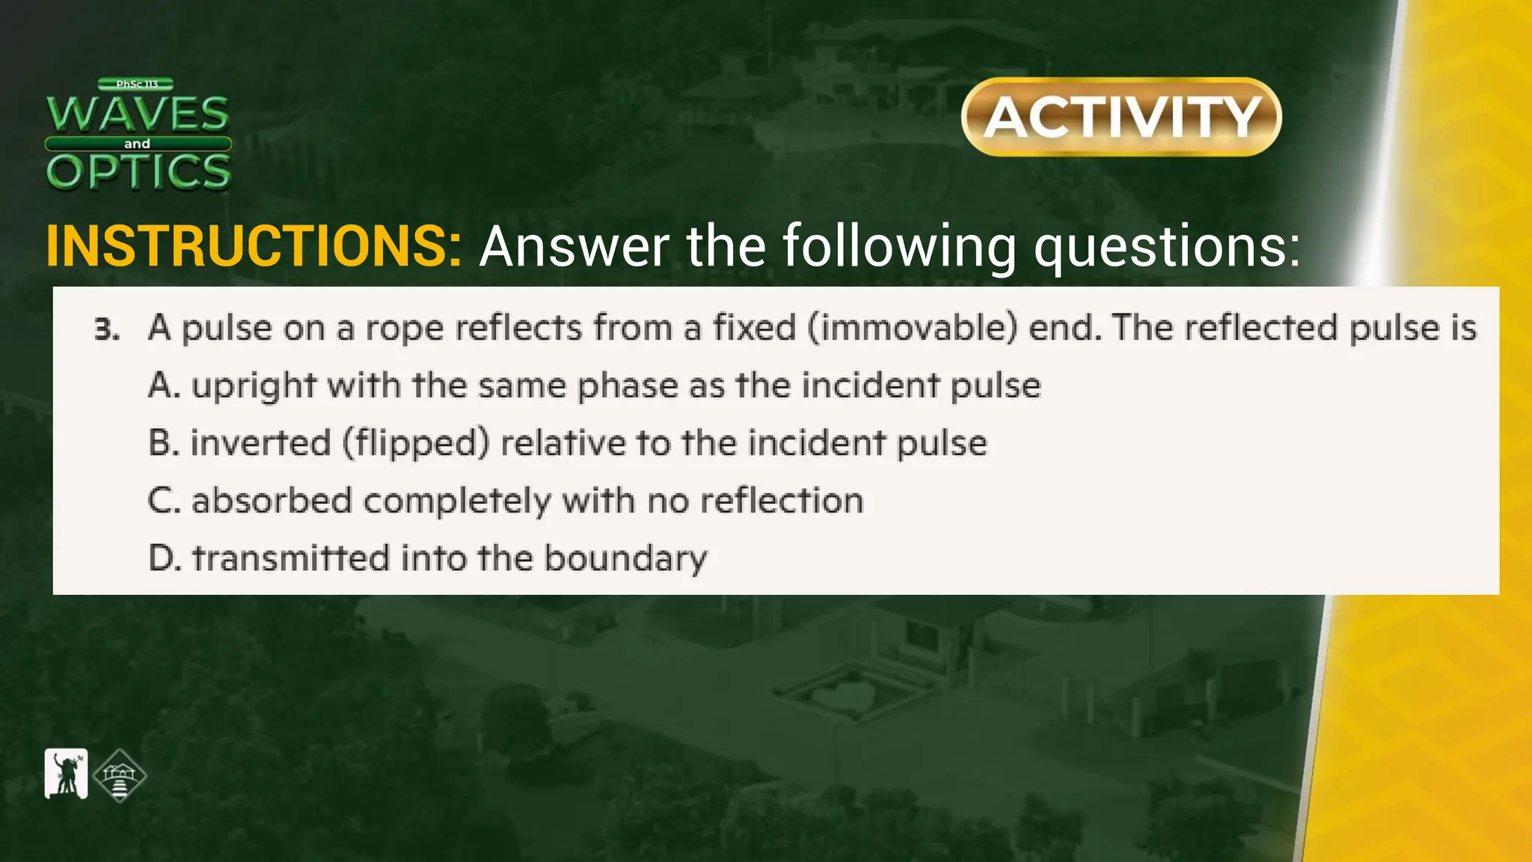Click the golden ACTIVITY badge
tap(1121, 117)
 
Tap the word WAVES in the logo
tap(138, 113)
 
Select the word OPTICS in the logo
tap(138, 171)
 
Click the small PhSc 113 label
tap(136, 85)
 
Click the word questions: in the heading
tap(1167, 247)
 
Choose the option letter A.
tap(161, 386)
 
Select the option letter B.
tap(161, 443)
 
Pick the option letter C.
tap(162, 501)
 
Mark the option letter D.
tap(162, 558)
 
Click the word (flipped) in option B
tap(416, 443)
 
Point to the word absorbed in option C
tap(272, 501)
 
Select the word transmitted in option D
tap(291, 558)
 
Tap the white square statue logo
tap(66, 774)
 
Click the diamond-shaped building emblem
tap(120, 775)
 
